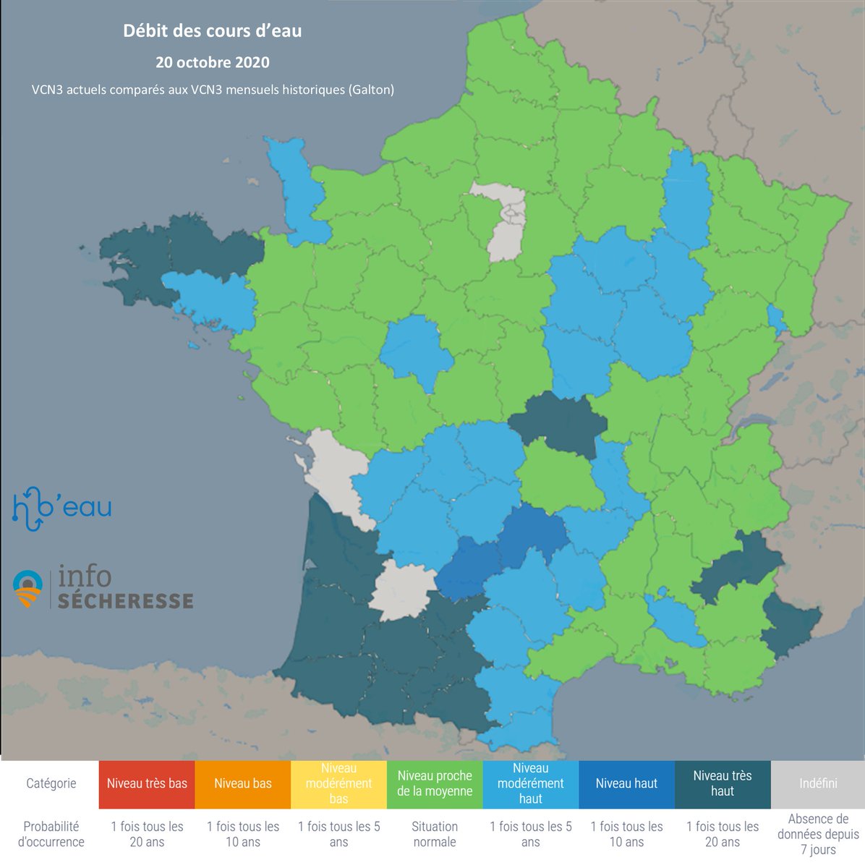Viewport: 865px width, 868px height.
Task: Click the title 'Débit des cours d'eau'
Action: click(212, 31)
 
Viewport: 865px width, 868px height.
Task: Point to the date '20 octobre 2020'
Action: click(212, 62)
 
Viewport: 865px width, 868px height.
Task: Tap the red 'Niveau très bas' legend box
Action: click(147, 784)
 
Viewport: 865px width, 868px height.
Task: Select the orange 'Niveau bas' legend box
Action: click(243, 784)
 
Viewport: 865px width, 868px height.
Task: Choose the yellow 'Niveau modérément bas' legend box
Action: click(338, 784)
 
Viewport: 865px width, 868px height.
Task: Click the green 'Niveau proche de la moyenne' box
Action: click(435, 784)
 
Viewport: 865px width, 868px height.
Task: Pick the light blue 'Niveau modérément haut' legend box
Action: click(530, 784)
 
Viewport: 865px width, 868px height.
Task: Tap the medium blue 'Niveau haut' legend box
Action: click(626, 784)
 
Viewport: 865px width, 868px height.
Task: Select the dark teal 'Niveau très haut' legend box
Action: click(722, 784)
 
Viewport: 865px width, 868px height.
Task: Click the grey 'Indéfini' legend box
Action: click(818, 784)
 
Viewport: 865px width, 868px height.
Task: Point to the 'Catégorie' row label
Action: click(51, 784)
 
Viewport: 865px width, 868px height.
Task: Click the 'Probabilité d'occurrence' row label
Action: click(51, 835)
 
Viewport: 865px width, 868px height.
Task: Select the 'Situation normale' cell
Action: click(435, 835)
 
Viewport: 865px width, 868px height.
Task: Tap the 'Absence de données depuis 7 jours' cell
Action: click(818, 835)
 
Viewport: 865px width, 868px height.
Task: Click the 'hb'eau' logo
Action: click(62, 507)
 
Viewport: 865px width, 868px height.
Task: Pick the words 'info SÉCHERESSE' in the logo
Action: click(123, 588)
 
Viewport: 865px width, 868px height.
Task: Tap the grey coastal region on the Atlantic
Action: click(333, 470)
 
